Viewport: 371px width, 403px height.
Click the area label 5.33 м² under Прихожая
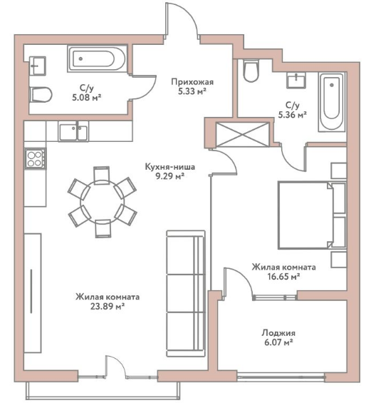(x=192, y=91)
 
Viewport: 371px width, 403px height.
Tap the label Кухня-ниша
(x=170, y=167)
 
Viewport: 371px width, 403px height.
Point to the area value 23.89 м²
(x=108, y=306)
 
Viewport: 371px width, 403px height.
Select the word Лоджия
(x=278, y=333)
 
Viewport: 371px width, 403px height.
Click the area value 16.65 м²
(x=283, y=277)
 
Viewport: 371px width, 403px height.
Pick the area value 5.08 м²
(x=86, y=98)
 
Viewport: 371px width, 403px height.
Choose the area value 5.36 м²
(x=293, y=115)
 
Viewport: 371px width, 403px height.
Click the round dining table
(x=103, y=202)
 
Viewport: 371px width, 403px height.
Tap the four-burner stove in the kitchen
(x=35, y=159)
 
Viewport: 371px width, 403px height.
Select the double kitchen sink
(x=73, y=131)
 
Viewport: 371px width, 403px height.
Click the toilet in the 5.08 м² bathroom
(x=41, y=95)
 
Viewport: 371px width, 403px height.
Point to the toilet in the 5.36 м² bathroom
(x=251, y=71)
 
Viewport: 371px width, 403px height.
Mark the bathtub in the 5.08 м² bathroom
(x=97, y=58)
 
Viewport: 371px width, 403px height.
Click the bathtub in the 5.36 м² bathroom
(x=332, y=102)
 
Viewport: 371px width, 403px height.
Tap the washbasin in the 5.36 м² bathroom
(x=296, y=80)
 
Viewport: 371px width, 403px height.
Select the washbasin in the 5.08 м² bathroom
(x=38, y=66)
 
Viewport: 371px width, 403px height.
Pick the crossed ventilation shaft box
(x=242, y=135)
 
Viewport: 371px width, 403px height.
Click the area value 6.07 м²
(x=278, y=342)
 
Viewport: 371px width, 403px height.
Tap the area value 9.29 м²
(x=170, y=176)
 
